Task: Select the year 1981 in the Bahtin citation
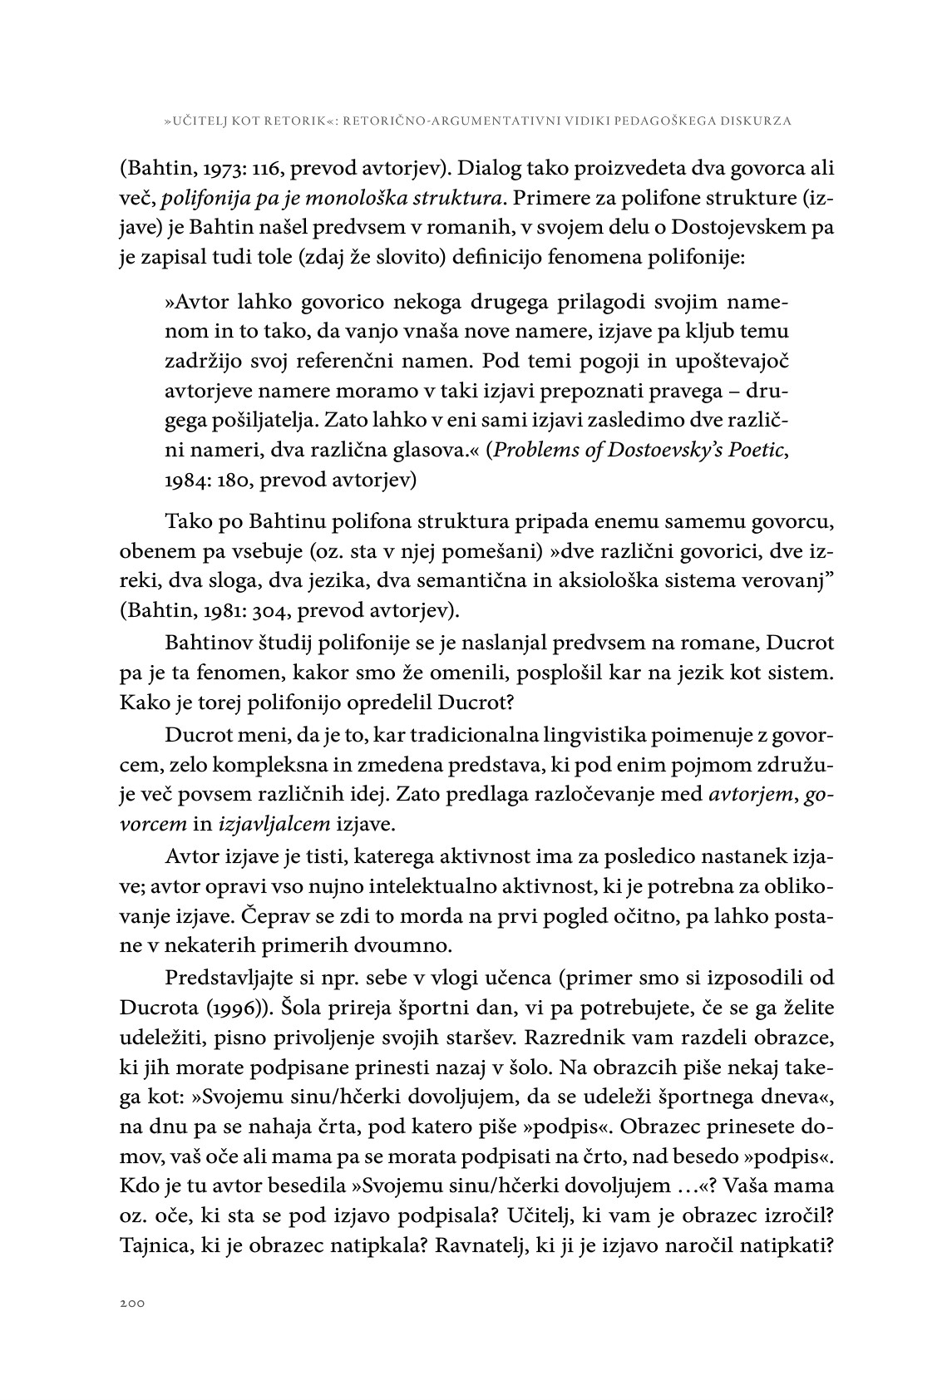point(208,611)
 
